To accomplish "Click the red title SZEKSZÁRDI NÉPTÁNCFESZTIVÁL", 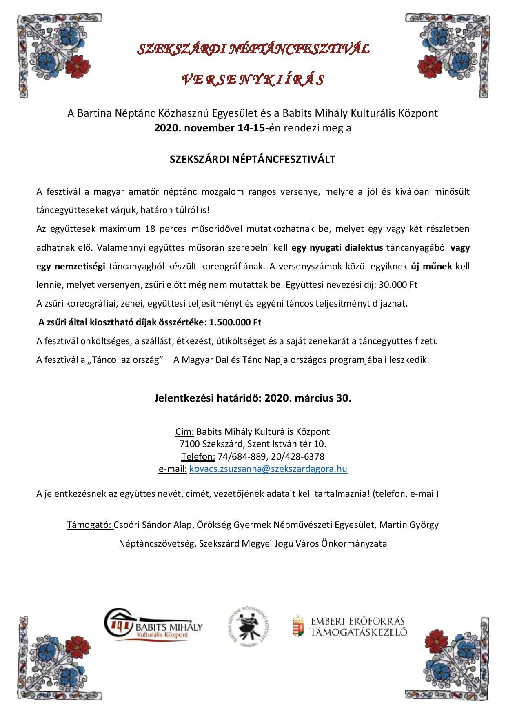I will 253,50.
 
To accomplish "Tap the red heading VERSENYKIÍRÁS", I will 253,80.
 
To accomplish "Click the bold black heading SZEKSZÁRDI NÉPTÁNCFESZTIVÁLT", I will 253,159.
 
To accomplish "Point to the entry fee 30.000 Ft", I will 398,285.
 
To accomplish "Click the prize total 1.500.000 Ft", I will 235,322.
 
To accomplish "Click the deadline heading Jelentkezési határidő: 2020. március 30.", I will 253,398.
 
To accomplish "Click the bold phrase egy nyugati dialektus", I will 337,247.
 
